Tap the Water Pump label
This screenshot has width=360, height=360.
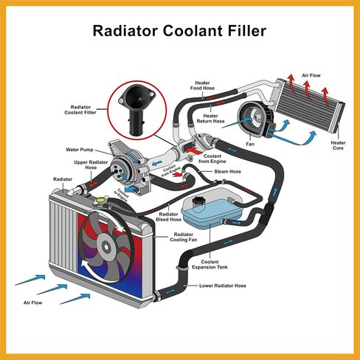click(x=80, y=150)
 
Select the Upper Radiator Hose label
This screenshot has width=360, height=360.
click(x=91, y=165)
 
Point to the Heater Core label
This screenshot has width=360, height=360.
click(x=338, y=145)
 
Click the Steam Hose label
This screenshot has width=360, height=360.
click(x=227, y=171)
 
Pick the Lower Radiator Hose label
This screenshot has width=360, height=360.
click(x=223, y=285)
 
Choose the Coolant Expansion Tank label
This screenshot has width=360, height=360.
click(x=210, y=264)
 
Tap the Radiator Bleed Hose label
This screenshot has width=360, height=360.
click(x=168, y=217)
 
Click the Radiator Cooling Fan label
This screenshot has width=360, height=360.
click(x=184, y=237)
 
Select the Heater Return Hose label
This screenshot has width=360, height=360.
click(x=210, y=119)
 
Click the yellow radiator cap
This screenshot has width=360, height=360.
click(x=100, y=201)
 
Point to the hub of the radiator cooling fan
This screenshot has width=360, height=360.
click(x=106, y=246)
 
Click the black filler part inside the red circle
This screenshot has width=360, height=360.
click(x=136, y=108)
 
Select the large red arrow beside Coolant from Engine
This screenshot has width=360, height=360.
click(x=194, y=150)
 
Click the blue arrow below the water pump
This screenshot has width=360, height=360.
click(x=131, y=190)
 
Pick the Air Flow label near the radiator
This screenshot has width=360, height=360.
click(x=32, y=302)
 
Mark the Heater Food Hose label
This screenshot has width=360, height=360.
click(x=202, y=86)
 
